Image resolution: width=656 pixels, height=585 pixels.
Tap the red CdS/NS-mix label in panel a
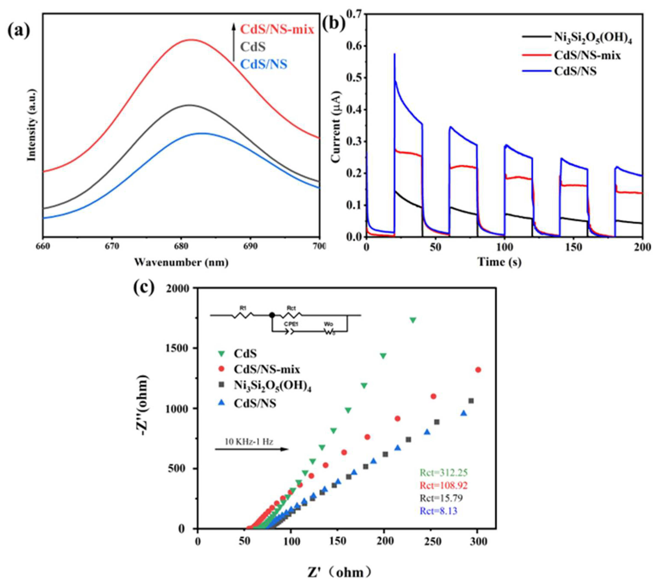point(277,30)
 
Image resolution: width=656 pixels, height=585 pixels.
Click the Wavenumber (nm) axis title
point(181,263)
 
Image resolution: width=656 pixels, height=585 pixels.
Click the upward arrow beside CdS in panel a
point(234,42)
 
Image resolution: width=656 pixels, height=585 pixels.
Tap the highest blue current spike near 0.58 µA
point(394,54)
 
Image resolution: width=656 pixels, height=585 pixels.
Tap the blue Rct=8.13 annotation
point(438,511)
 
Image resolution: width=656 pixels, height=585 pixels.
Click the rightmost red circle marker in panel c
point(478,370)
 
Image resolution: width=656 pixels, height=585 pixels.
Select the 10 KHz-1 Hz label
point(249,442)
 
